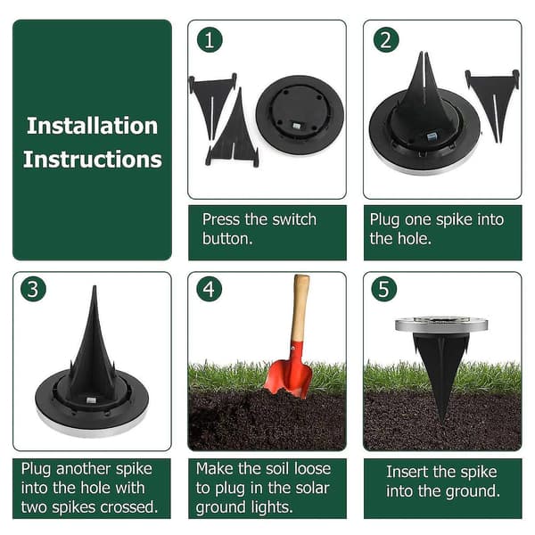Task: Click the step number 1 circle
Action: [x=210, y=39]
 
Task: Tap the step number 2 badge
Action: [x=386, y=39]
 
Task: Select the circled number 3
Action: [x=33, y=289]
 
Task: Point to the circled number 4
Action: [x=210, y=289]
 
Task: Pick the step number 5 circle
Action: [x=384, y=289]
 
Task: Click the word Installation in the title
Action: [x=92, y=126]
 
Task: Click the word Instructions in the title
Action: [x=92, y=160]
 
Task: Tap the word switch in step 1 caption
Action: [x=294, y=219]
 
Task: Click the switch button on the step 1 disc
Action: [x=296, y=127]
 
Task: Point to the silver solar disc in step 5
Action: [x=441, y=325]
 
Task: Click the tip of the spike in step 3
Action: [x=95, y=286]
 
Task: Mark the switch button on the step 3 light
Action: [x=91, y=400]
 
